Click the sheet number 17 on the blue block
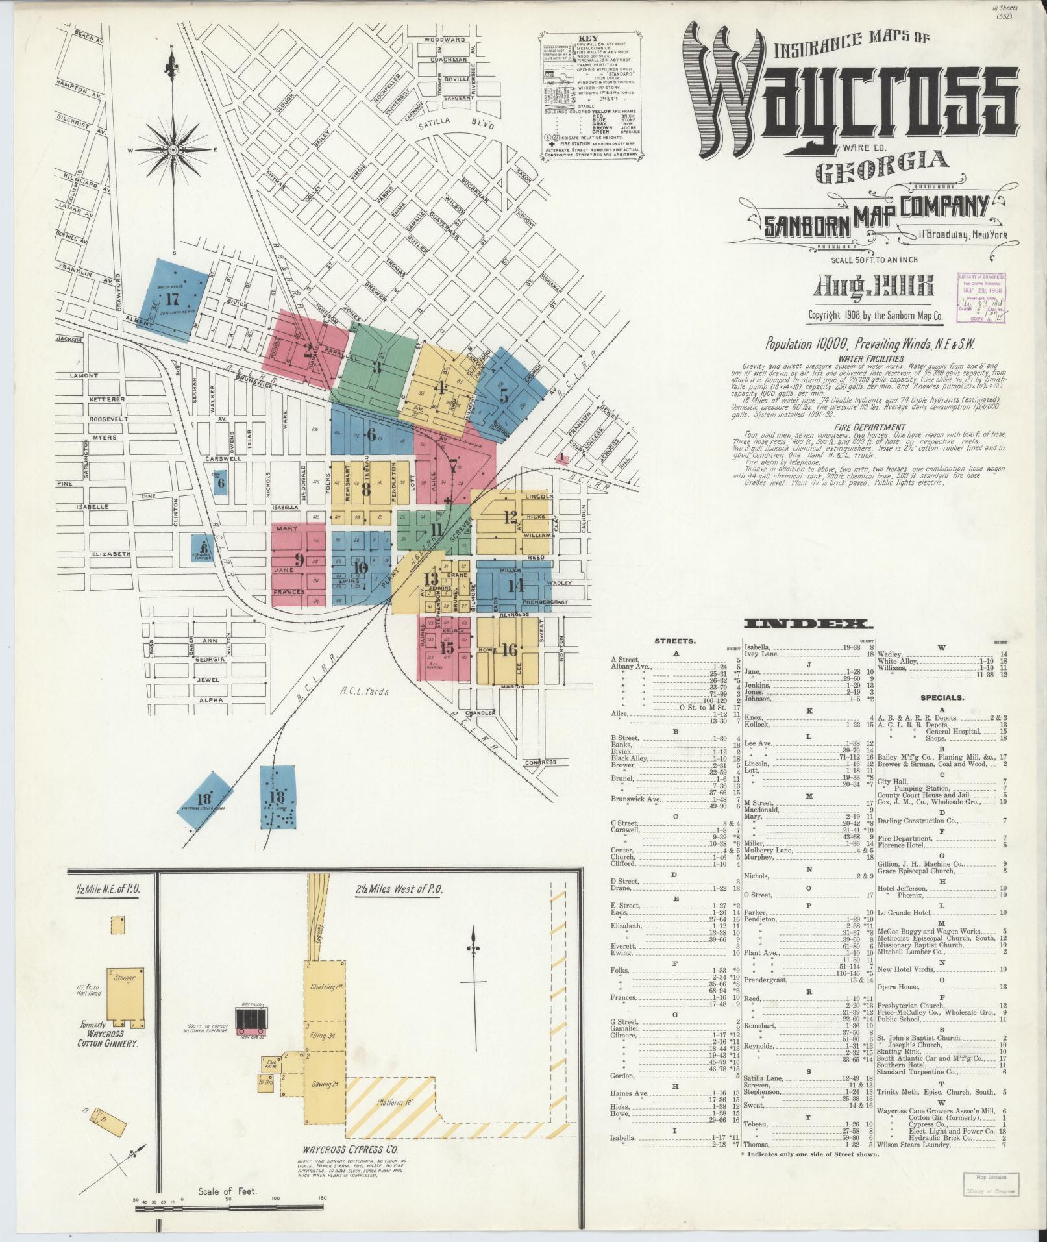[172, 299]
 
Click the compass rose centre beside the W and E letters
[173, 150]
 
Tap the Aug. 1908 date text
[870, 288]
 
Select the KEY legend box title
[591, 38]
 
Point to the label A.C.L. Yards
[365, 691]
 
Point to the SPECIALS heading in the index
[942, 698]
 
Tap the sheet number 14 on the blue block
[516, 586]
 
